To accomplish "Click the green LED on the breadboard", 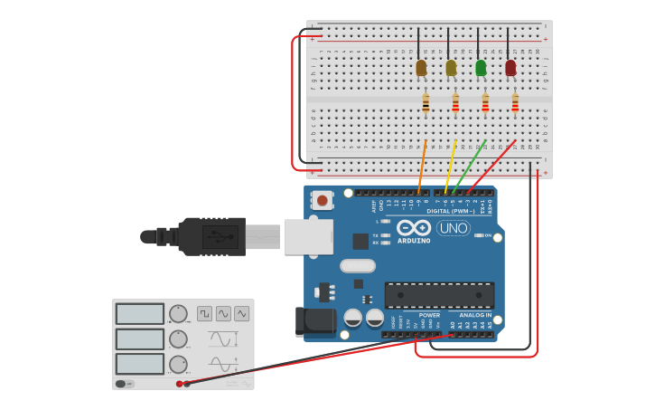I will [481, 68].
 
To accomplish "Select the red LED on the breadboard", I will [510, 68].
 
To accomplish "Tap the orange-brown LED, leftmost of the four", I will [421, 68].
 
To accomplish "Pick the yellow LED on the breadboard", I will [451, 68].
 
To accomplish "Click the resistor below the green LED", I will [485, 104].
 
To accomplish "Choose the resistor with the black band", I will [426, 104].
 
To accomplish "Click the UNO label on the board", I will [453, 228].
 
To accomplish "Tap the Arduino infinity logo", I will [414, 227].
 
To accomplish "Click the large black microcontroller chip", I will [439, 295].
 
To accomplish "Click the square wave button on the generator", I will [204, 313].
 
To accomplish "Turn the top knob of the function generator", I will [178, 314].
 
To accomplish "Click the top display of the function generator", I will [140, 314].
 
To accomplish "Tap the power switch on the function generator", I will [123, 384].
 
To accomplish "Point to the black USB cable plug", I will [211, 236].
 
